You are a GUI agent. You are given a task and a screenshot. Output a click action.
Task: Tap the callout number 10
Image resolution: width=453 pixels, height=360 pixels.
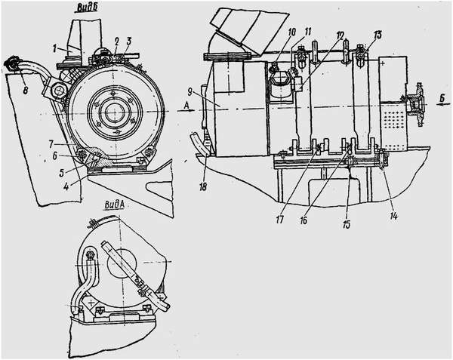[291, 32]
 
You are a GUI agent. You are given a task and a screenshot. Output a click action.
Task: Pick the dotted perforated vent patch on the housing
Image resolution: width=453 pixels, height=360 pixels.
[392, 118]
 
